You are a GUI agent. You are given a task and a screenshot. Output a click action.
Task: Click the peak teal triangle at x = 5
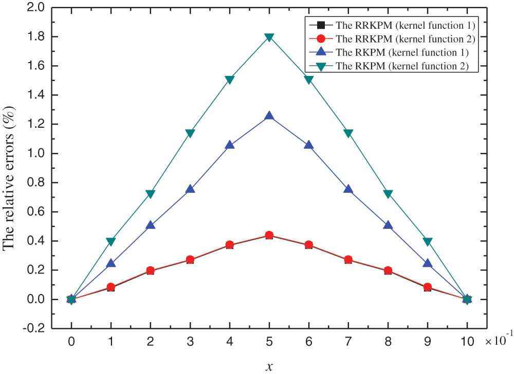click(269, 37)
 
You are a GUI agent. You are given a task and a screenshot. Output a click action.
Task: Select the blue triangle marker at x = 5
click(269, 116)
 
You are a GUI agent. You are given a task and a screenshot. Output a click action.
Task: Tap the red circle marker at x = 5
click(269, 235)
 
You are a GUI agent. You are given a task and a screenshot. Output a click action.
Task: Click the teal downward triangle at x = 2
click(150, 194)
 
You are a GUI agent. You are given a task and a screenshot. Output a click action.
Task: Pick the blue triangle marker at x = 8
click(388, 225)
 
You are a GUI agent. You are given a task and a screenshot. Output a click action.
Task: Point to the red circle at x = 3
click(190, 260)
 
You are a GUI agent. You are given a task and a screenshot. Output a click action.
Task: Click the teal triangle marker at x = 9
click(428, 241)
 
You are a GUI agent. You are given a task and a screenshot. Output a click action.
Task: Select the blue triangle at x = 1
click(111, 263)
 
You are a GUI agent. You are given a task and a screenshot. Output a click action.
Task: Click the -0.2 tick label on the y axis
click(34, 328)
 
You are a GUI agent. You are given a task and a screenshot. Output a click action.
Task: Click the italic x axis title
click(269, 366)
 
